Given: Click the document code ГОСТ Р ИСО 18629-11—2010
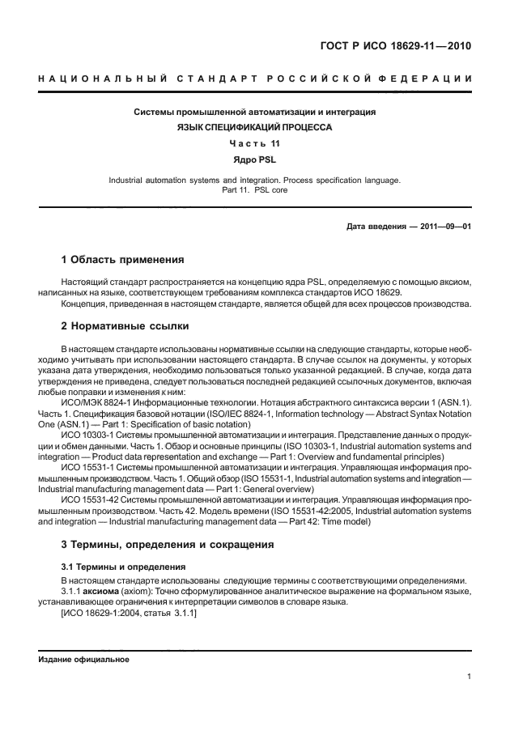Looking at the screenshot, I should (x=394, y=45).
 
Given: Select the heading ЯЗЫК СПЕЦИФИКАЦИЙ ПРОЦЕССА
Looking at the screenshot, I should (x=254, y=127).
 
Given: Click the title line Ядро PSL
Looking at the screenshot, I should (x=254, y=159).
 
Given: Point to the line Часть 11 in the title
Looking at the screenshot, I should (x=254, y=143).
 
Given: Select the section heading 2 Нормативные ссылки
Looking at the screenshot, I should (x=125, y=326).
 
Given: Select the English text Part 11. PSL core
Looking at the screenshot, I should (x=254, y=190).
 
